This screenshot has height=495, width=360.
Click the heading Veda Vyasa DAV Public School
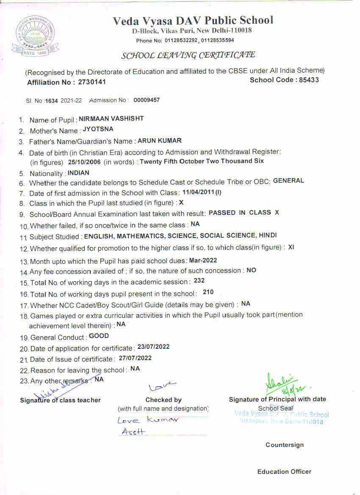(193, 20)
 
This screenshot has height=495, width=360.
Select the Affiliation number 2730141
(92, 82)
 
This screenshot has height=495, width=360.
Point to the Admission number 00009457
(147, 100)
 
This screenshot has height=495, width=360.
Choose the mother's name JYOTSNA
(98, 130)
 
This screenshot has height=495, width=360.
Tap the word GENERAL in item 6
(288, 181)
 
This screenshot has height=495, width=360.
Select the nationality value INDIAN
(78, 173)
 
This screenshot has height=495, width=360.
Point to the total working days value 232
(199, 281)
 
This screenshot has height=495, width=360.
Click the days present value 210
(208, 292)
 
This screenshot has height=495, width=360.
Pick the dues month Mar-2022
(203, 260)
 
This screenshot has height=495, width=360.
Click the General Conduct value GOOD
(99, 336)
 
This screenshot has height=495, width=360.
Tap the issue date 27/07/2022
(135, 358)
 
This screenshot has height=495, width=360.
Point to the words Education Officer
(284, 472)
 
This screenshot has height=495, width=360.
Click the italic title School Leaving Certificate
(188, 55)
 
